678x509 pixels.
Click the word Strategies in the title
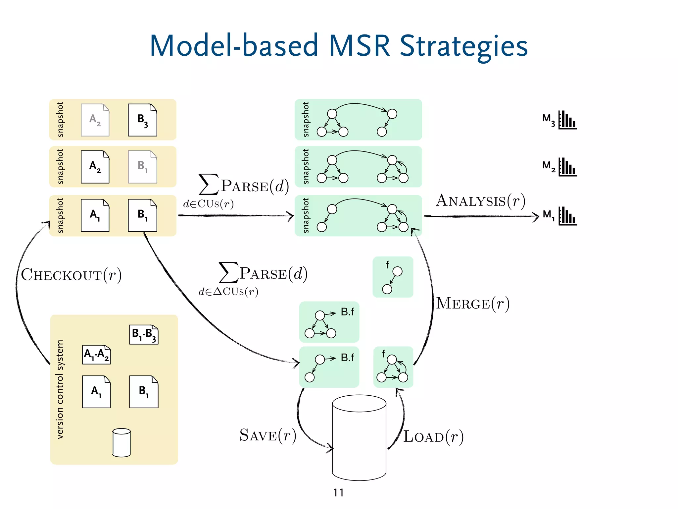tap(463, 46)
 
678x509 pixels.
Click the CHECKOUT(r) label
tap(71, 275)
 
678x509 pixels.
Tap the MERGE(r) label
tap(473, 304)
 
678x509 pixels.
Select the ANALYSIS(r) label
tap(481, 201)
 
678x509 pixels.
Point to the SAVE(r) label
tap(267, 435)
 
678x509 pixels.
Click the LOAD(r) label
tap(433, 437)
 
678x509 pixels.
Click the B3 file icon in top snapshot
tap(143, 120)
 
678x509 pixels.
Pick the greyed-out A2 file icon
tap(95, 120)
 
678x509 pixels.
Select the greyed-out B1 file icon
tap(143, 167)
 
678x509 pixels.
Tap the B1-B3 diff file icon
tap(144, 334)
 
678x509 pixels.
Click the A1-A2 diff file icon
tap(96, 355)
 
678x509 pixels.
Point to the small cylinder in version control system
tap(121, 443)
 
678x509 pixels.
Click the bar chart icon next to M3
tap(567, 120)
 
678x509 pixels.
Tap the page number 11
tap(338, 493)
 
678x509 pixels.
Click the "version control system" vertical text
tap(60, 389)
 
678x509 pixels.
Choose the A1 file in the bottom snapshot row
tap(95, 215)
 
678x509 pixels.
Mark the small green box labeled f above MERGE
tap(393, 277)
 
